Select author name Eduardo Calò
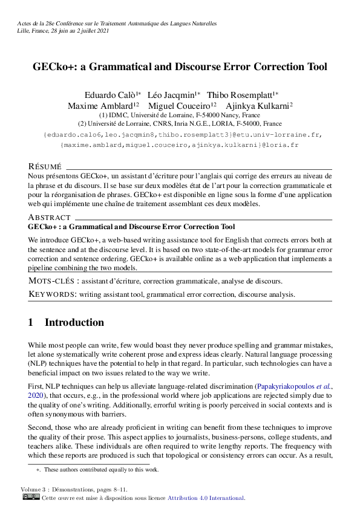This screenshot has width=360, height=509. pyautogui.click(x=110, y=95)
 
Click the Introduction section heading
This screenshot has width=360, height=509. pyautogui.click(x=74, y=323)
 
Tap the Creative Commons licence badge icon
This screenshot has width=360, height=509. pyautogui.click(x=30, y=498)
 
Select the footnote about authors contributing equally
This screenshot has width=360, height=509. pyautogui.click(x=101, y=470)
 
